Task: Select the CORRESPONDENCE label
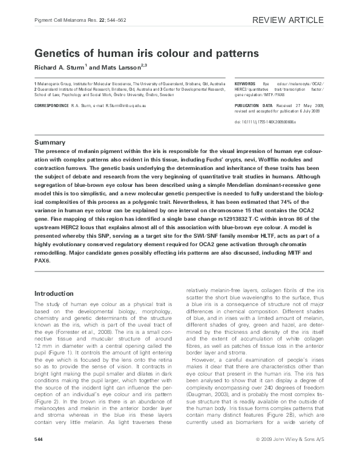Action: [52, 105]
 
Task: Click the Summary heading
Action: [51, 142]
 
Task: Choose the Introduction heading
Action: [56, 293]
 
